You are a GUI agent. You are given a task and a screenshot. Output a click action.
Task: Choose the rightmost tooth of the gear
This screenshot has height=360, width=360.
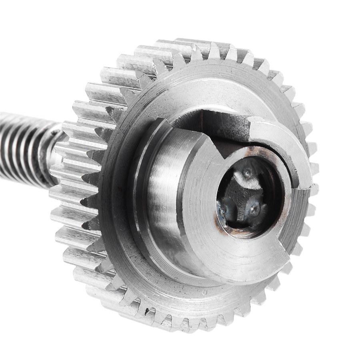tap(314, 188)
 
